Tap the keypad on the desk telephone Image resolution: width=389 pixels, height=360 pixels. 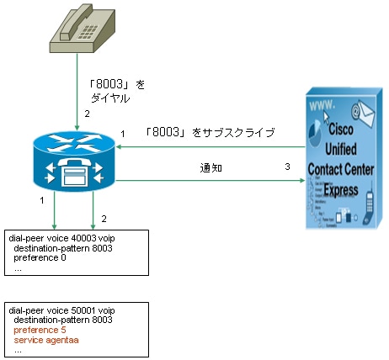88,32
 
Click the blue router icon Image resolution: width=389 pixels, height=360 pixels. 74,161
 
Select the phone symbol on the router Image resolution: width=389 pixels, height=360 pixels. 74,172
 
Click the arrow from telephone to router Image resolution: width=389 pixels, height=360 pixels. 77,92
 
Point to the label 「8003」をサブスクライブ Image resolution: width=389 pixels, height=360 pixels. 210,132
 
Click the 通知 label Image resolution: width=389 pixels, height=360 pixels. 211,168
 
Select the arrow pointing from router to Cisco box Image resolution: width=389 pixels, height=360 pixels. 210,180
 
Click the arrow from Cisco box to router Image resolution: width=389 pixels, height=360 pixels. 210,146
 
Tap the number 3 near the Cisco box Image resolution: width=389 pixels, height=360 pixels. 287,167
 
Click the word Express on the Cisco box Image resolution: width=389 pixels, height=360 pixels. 341,190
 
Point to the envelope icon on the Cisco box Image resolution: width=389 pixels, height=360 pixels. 363,113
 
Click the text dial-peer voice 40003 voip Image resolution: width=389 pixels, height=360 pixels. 61,238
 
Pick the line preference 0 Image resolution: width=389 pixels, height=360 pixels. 40,257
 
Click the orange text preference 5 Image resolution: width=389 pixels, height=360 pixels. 40,330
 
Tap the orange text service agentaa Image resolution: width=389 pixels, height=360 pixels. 46,340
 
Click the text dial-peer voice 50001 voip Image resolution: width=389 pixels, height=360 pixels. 61,310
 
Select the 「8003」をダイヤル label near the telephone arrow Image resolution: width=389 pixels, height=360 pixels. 116,91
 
